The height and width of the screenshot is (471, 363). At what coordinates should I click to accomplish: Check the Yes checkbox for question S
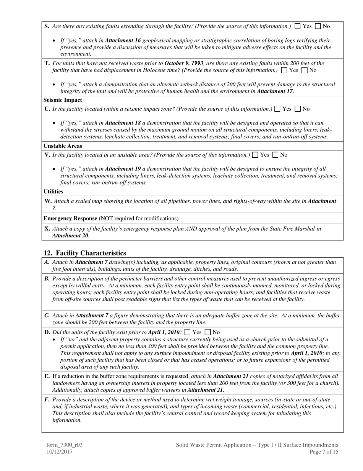[x=298, y=26]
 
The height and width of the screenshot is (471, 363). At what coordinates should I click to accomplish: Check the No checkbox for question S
[x=318, y=26]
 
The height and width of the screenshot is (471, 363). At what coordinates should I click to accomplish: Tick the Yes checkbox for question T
[x=284, y=70]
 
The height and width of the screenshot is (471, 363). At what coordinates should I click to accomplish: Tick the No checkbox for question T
[x=305, y=70]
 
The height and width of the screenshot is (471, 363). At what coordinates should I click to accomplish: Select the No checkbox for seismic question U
[x=298, y=109]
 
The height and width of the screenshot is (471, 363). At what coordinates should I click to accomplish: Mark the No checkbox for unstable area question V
[x=275, y=155]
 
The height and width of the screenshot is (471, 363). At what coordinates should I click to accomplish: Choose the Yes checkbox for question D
[x=187, y=332]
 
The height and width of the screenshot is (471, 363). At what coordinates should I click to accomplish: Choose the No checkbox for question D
[x=208, y=332]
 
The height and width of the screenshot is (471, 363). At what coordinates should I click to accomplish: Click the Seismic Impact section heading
[x=63, y=100]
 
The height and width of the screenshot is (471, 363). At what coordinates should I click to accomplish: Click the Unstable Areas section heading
[x=63, y=146]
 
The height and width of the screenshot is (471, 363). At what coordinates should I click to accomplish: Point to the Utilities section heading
[x=53, y=191]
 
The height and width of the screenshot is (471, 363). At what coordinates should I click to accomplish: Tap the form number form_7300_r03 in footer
[x=64, y=445]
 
